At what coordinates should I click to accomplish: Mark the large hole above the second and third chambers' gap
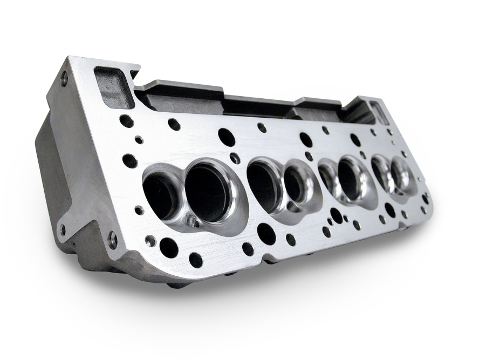306,140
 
